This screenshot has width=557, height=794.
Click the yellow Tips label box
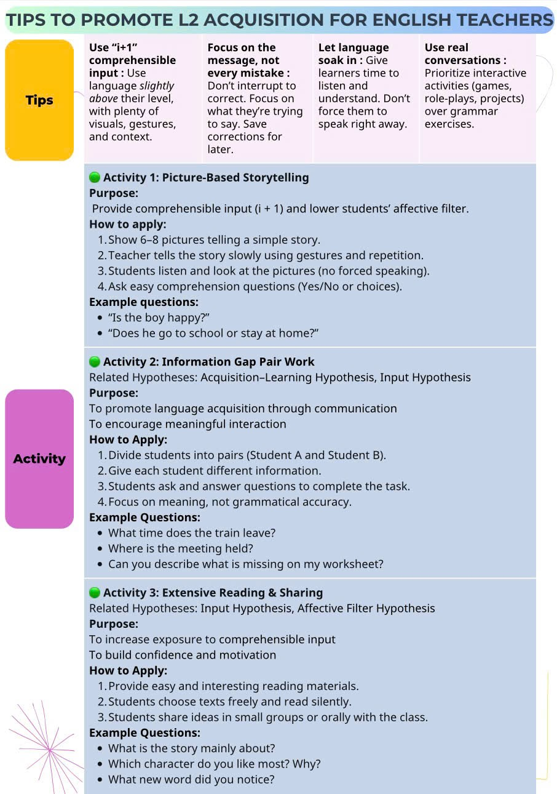39,100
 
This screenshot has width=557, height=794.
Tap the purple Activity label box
39,459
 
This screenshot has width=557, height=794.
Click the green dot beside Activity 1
95,178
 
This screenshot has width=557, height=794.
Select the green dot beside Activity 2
95,362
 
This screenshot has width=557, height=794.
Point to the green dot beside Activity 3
95,593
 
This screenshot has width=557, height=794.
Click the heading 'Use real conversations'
465,54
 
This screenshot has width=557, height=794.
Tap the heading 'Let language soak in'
353,54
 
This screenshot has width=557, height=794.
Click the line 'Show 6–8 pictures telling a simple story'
214,240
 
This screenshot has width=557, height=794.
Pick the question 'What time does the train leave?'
192,533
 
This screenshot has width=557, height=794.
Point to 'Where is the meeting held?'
181,548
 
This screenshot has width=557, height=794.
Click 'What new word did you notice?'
191,779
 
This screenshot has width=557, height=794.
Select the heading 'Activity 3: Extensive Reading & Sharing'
213,593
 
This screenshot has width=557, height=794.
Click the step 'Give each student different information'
215,471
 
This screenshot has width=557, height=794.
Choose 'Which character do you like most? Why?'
215,764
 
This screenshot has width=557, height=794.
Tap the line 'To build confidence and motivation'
183,655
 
